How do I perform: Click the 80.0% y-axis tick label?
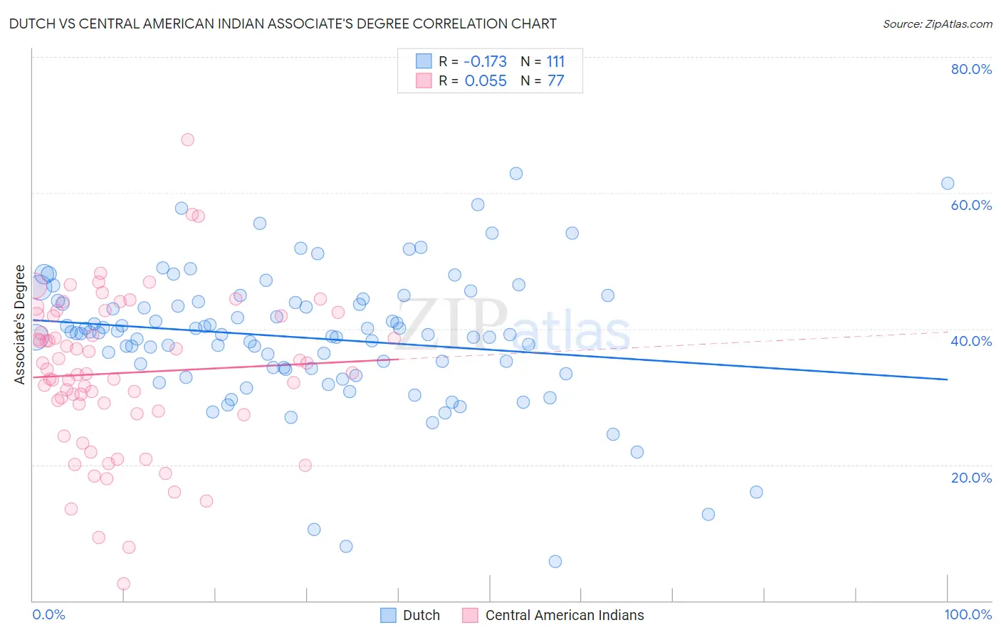(971, 69)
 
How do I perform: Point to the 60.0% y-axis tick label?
(971, 205)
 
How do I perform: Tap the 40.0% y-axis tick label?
(971, 341)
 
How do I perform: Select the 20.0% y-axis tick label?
(971, 477)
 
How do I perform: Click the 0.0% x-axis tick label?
(48, 614)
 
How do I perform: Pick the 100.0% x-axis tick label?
(968, 614)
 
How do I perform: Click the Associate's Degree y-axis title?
(20, 325)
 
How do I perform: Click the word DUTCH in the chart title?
(29, 24)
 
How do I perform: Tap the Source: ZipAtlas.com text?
(937, 24)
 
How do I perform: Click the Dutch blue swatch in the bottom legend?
(388, 615)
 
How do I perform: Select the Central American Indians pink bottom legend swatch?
(470, 615)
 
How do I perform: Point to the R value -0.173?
(486, 61)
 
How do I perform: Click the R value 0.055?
(486, 81)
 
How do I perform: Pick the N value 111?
(555, 61)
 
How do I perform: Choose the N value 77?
(555, 81)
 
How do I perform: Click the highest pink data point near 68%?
(187, 140)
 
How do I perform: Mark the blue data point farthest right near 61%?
(948, 184)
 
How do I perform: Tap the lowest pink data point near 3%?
(123, 584)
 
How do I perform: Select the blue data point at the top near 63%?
(516, 174)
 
